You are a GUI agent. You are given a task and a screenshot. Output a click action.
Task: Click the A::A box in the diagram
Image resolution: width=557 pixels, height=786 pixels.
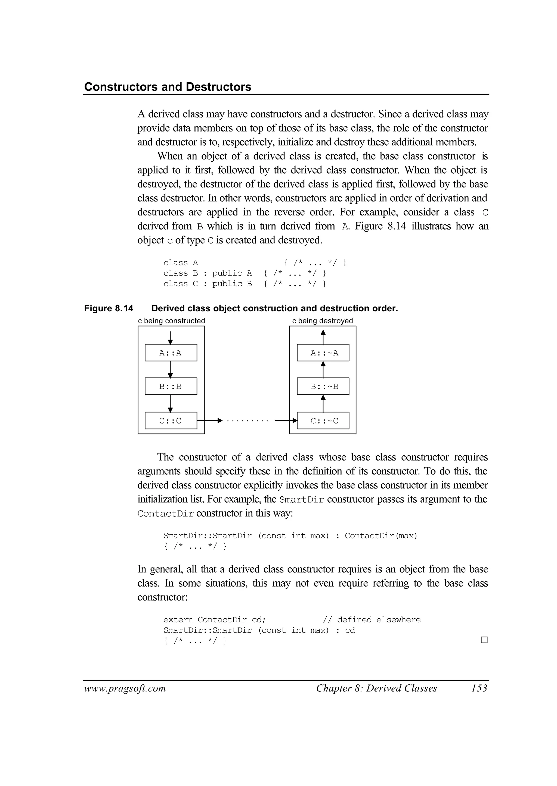(171, 353)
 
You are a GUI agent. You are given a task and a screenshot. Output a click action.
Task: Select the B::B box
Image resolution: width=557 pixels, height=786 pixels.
(171, 386)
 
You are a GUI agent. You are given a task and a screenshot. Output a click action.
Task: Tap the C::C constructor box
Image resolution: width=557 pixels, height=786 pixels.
(171, 420)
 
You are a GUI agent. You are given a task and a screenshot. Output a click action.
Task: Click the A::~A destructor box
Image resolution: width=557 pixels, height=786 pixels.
(323, 353)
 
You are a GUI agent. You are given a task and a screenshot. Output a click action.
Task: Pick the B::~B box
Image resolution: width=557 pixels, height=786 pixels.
(323, 386)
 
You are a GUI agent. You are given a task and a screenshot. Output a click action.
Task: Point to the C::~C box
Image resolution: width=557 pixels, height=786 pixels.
(323, 420)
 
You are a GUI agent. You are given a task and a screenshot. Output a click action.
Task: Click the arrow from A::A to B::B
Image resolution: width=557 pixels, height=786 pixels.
(171, 369)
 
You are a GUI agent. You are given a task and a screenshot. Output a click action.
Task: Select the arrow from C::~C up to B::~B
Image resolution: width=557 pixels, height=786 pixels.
(323, 403)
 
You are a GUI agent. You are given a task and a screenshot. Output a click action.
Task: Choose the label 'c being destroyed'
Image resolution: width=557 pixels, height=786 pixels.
(322, 321)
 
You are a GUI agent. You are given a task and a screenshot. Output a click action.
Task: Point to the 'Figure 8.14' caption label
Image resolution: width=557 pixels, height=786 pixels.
(109, 308)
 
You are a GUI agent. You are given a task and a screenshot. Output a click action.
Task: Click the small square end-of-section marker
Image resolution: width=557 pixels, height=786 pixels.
(484, 640)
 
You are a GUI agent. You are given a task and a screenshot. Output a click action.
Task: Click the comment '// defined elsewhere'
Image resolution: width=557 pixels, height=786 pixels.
(372, 619)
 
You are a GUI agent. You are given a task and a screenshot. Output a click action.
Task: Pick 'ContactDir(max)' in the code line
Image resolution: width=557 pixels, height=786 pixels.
(381, 536)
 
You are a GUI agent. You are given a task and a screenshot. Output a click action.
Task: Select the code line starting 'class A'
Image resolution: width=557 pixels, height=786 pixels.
(255, 263)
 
